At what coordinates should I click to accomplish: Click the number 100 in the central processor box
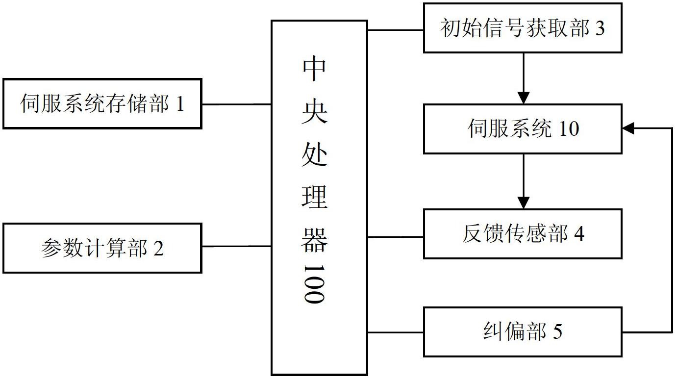point(314,284)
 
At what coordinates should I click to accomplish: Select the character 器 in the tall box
point(314,240)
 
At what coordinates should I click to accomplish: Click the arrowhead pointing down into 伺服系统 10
point(524,98)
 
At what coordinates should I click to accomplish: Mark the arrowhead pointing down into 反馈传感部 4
point(524,203)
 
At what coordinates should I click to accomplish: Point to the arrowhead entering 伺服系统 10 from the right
point(628,128)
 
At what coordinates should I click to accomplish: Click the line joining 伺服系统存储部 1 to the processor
point(236,104)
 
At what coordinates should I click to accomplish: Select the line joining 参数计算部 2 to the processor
point(236,246)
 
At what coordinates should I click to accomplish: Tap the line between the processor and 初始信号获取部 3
point(395,30)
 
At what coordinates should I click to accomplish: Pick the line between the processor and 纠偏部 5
point(395,332)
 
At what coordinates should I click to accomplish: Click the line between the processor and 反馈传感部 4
point(395,237)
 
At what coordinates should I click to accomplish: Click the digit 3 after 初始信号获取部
point(600,28)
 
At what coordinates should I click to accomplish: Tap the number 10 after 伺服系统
point(569,129)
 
